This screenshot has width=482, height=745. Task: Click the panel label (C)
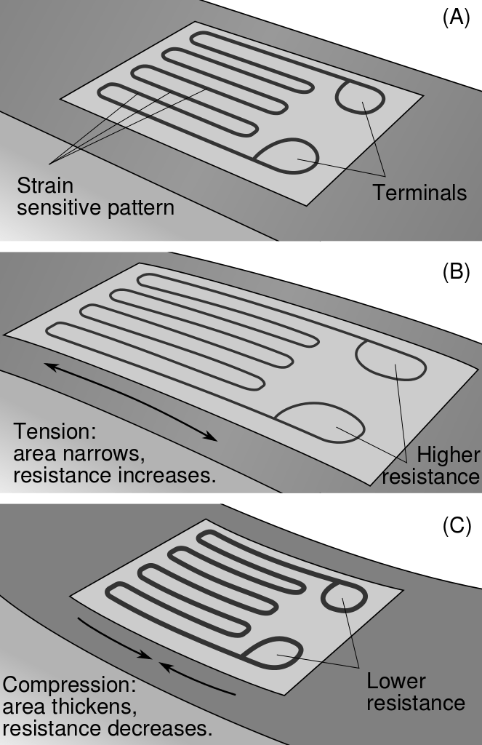click(x=457, y=525)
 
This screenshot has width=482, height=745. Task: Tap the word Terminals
click(x=419, y=193)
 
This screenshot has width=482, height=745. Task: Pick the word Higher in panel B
click(x=448, y=455)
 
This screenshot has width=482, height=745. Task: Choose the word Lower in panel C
click(x=396, y=682)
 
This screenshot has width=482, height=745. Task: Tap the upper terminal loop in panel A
click(x=359, y=96)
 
